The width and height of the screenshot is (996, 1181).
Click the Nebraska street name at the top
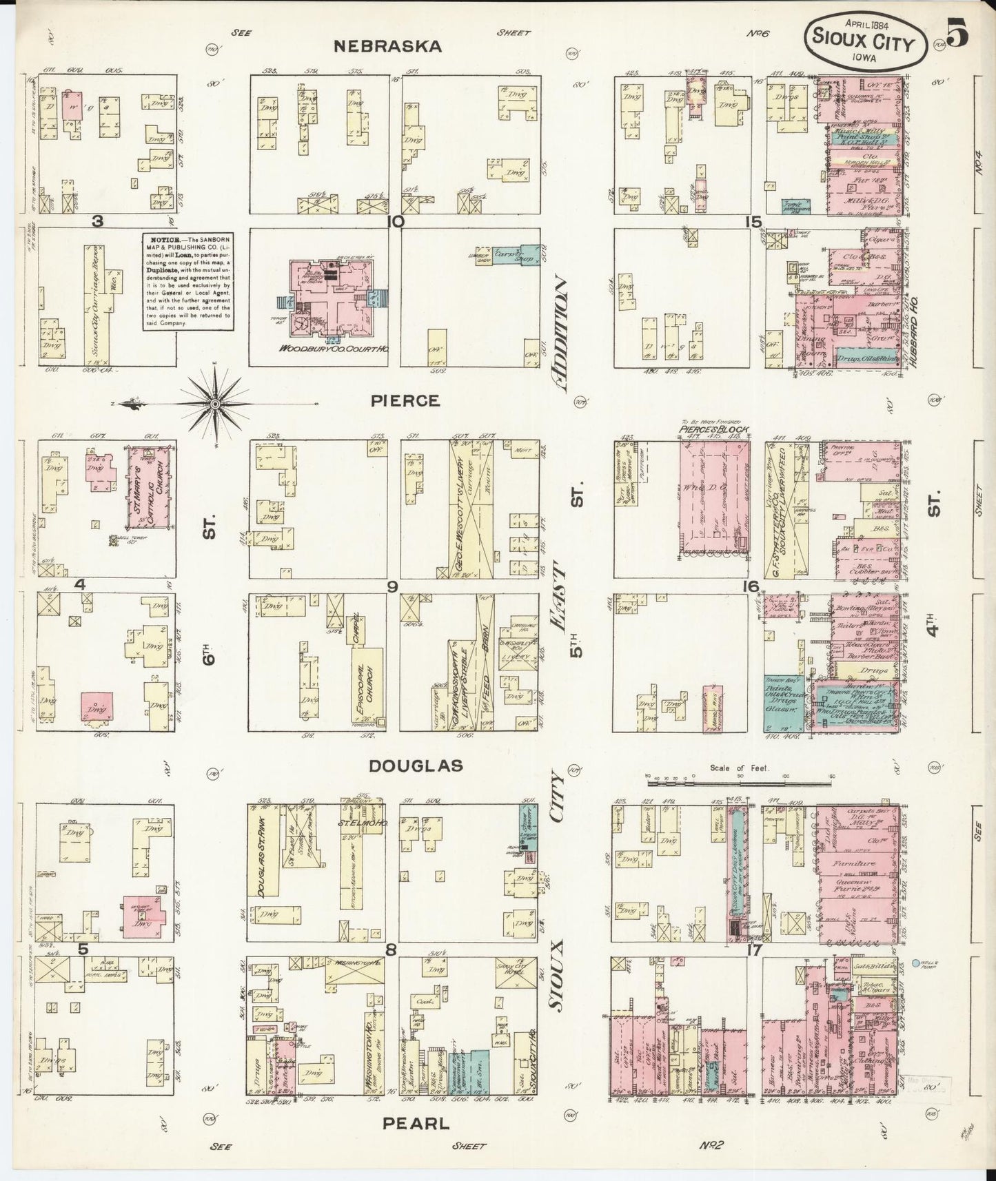[x=387, y=46]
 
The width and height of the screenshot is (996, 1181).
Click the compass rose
[x=215, y=404]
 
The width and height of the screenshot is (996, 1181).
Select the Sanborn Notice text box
[x=187, y=281]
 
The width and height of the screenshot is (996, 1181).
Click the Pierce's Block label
[x=713, y=428]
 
